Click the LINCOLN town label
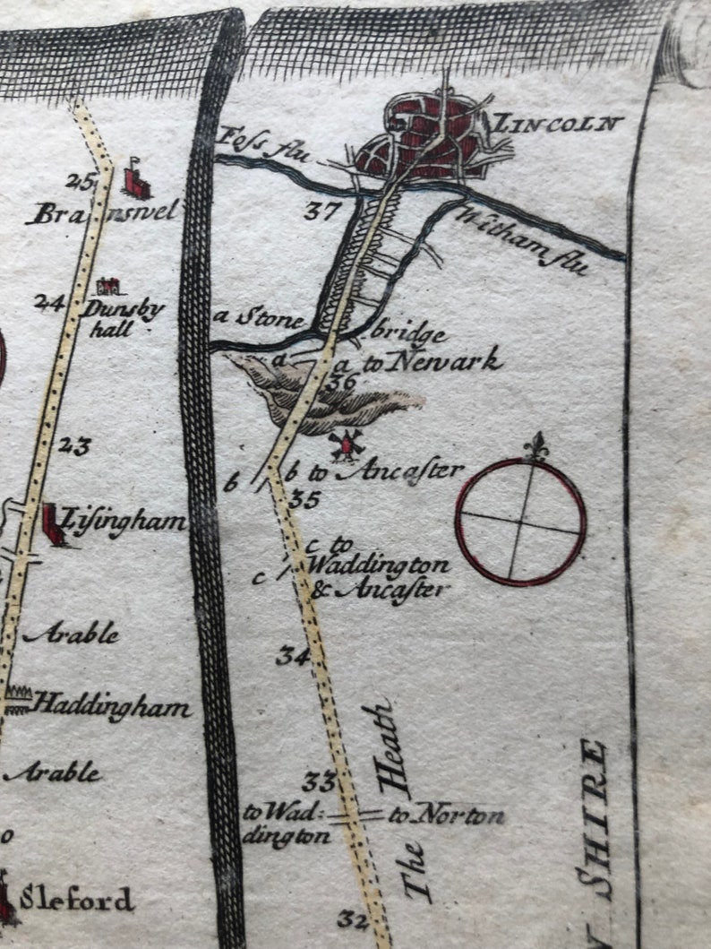[558, 123]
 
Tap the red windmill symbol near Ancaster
[345, 443]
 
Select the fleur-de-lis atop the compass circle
[535, 445]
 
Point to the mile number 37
[320, 211]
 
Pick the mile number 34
[292, 656]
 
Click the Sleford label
[77, 899]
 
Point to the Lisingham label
[121, 522]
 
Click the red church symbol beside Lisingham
[55, 523]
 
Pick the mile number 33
[318, 781]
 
